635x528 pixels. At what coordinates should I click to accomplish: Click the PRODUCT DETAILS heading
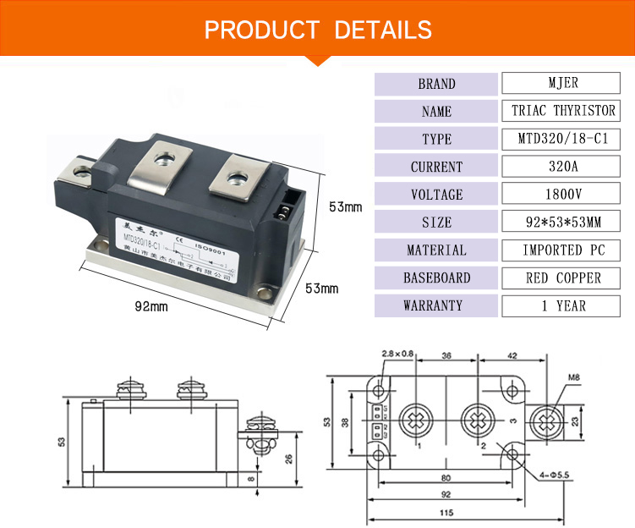tap(318, 30)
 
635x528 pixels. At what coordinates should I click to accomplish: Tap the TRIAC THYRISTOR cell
tap(563, 111)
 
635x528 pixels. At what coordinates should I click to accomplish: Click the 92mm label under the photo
tap(153, 306)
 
